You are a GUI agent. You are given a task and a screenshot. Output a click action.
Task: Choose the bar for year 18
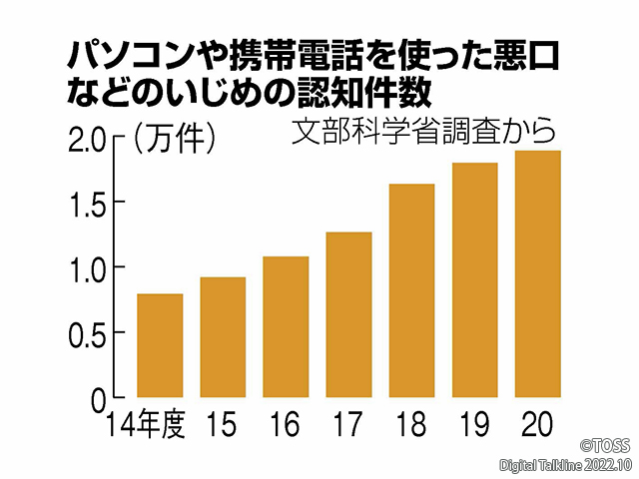pyautogui.click(x=411, y=291)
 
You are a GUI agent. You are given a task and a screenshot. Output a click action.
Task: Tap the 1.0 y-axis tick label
pyautogui.click(x=88, y=269)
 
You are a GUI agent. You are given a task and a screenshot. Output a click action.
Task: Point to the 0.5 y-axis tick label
pyautogui.click(x=88, y=333)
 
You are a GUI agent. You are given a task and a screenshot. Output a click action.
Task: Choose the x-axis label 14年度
pyautogui.click(x=148, y=426)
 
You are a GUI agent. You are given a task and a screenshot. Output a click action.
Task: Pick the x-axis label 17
pyautogui.click(x=348, y=426)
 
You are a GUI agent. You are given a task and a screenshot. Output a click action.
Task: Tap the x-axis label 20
pyautogui.click(x=537, y=426)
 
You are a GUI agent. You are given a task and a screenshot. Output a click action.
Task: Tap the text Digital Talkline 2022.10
pyautogui.click(x=565, y=465)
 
